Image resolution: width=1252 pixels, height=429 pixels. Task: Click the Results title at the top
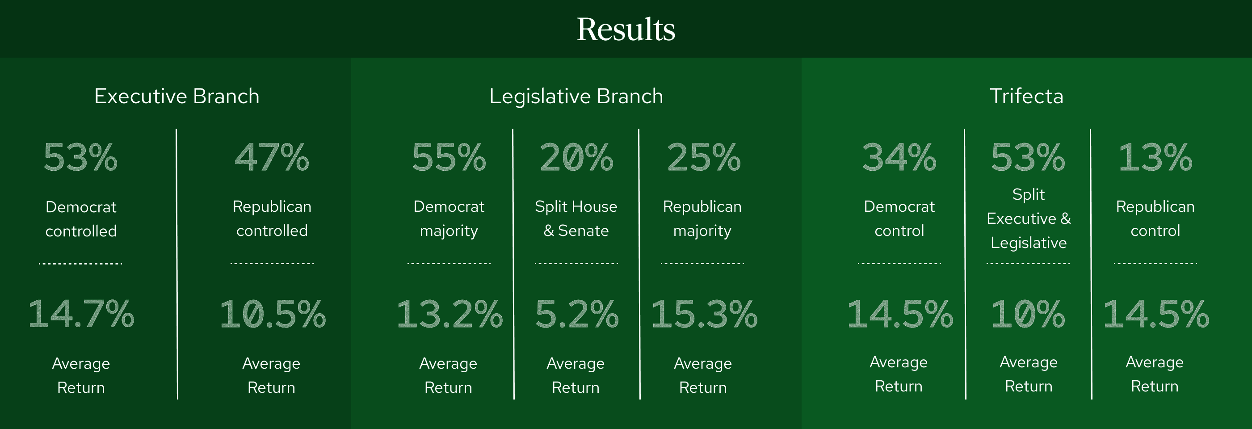pyautogui.click(x=626, y=29)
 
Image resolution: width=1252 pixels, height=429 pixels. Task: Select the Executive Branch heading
pyautogui.click(x=177, y=96)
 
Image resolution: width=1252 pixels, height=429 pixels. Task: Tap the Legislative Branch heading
pyautogui.click(x=576, y=96)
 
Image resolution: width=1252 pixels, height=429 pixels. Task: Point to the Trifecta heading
pyautogui.click(x=1026, y=96)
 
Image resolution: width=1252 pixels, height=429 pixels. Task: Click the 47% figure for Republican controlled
pyautogui.click(x=272, y=157)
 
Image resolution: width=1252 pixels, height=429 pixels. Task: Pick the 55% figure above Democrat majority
pyautogui.click(x=449, y=157)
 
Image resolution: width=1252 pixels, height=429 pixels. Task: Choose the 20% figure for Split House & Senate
pyautogui.click(x=576, y=157)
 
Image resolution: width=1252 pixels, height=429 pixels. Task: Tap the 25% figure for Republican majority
pyautogui.click(x=704, y=157)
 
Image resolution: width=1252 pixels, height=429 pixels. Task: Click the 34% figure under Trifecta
pyautogui.click(x=899, y=157)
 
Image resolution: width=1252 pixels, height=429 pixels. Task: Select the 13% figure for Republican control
pyautogui.click(x=1155, y=157)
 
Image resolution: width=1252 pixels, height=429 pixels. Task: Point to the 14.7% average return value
pyautogui.click(x=81, y=314)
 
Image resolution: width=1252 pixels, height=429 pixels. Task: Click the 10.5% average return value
pyautogui.click(x=272, y=314)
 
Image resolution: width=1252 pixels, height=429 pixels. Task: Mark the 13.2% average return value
pyautogui.click(x=450, y=314)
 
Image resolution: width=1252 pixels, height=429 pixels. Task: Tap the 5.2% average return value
pyautogui.click(x=577, y=314)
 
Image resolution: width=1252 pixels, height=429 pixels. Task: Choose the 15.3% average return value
pyautogui.click(x=704, y=314)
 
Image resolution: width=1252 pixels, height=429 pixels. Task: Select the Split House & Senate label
pyautogui.click(x=576, y=218)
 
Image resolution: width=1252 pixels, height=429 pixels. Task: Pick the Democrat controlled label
pyautogui.click(x=81, y=219)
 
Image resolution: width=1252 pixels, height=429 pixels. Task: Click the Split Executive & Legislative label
pyautogui.click(x=1029, y=218)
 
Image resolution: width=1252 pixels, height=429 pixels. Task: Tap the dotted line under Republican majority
pyautogui.click(x=702, y=263)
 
